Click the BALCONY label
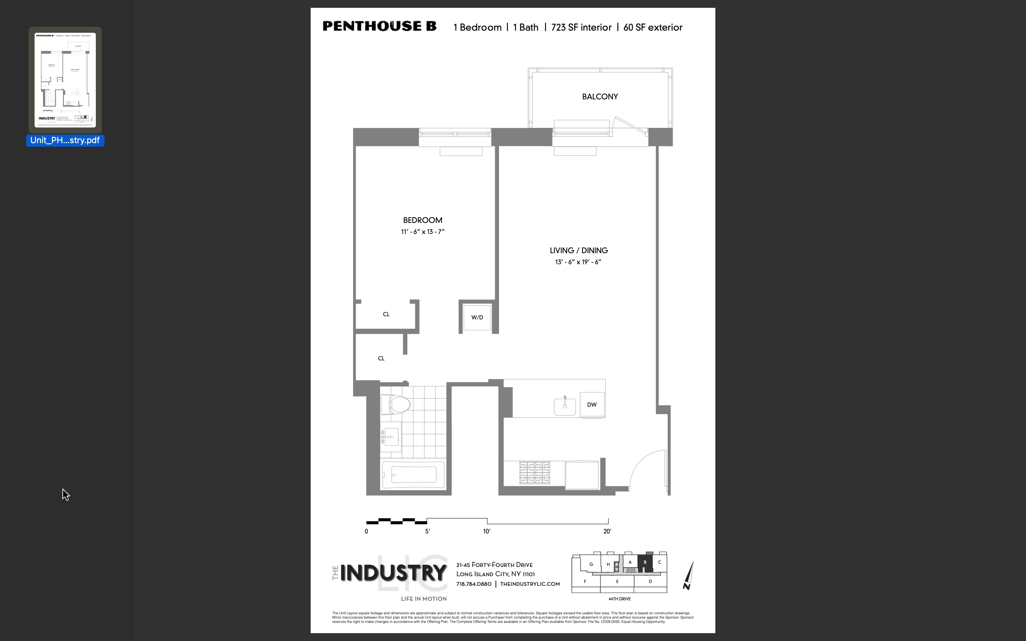click(600, 97)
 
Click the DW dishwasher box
click(592, 405)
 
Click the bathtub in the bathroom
click(413, 475)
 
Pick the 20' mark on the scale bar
click(607, 531)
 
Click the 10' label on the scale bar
click(487, 531)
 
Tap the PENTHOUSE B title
click(379, 26)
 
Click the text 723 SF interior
click(581, 27)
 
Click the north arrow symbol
click(689, 576)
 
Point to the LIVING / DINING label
click(579, 251)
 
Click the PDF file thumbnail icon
click(65, 80)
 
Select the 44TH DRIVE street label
click(620, 599)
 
